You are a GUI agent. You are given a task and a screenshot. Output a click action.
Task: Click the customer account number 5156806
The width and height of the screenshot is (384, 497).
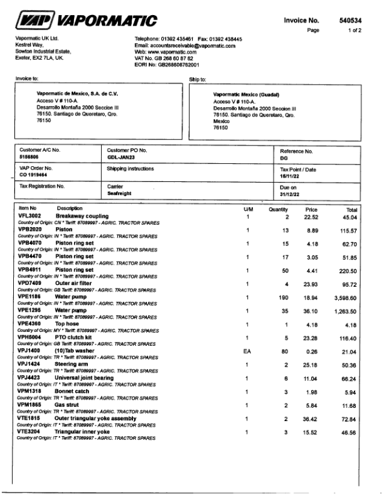[x=30, y=157]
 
